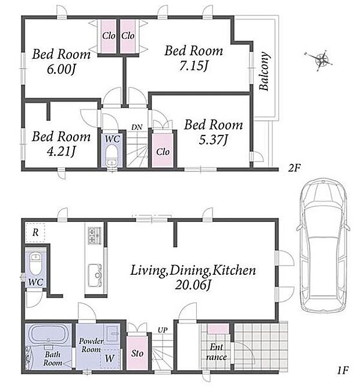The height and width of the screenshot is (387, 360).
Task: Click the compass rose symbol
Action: point(319,60)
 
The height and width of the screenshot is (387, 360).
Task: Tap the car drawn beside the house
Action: point(323,248)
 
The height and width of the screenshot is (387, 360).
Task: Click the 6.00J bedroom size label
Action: point(61,69)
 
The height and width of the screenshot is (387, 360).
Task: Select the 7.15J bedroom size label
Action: point(193,66)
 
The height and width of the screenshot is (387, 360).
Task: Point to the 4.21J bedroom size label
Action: point(61,151)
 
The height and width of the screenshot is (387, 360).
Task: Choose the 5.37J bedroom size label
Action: point(213,140)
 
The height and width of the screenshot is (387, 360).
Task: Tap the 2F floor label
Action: point(294,168)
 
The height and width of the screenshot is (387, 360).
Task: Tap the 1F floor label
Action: point(343,370)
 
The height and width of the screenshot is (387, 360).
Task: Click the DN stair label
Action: point(136,127)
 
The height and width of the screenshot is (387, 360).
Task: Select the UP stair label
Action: point(163,330)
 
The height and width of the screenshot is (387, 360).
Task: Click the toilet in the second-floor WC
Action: point(111,156)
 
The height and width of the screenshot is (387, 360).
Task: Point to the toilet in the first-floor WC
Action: point(36,263)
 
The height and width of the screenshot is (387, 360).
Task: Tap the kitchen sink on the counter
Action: point(95,275)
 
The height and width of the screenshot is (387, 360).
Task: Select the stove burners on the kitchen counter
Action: point(95,236)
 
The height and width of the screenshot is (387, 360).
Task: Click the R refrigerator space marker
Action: point(35,232)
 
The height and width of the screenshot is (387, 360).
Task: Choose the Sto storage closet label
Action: point(137,353)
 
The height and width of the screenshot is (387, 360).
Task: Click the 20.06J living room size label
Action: point(193,286)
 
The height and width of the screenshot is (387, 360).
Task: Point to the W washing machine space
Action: point(110,359)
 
